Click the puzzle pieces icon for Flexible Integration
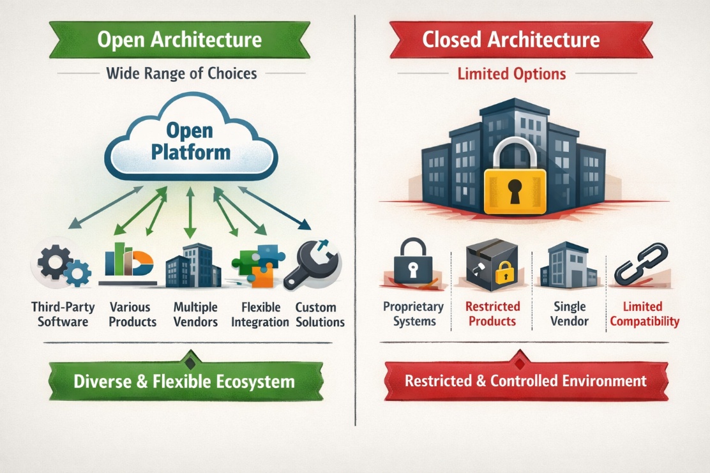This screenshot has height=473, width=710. (x=258, y=266)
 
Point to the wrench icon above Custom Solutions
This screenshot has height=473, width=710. (x=313, y=264)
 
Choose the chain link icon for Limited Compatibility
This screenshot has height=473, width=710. (x=640, y=264)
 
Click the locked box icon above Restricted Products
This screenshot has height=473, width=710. (x=492, y=265)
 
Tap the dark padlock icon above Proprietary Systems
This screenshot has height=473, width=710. (x=413, y=262)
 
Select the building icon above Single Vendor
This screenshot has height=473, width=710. (x=569, y=266)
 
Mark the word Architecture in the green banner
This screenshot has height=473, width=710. (x=206, y=40)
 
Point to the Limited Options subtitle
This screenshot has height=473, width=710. (x=511, y=74)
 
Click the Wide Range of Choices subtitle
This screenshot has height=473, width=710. (x=181, y=73)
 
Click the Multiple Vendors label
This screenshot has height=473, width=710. (x=195, y=315)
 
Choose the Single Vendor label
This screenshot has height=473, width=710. (x=570, y=313)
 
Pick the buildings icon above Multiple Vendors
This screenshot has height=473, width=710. (x=193, y=266)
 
